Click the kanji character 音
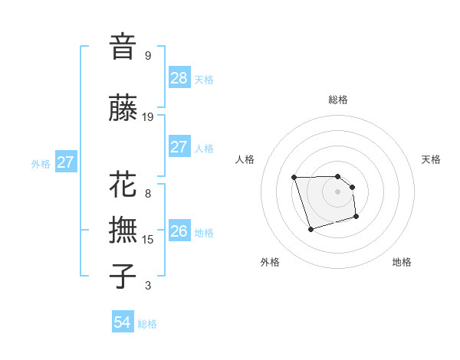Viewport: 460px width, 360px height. coord(123,46)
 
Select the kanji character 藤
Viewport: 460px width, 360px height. coord(123,108)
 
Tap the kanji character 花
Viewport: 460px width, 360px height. coord(123,185)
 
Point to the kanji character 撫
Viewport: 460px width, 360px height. coord(123,230)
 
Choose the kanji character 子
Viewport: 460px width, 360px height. coord(123,276)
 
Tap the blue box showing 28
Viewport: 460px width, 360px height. coord(179,78)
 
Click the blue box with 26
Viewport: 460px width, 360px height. coord(179,231)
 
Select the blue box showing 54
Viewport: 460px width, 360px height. coord(122,322)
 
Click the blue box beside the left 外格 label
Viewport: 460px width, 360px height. coord(65,162)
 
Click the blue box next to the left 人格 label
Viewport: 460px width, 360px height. coord(179,147)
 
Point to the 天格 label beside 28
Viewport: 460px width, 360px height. coord(204,80)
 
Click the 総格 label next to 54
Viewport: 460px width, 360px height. coord(147,324)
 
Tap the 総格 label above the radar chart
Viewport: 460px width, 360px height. coord(337,100)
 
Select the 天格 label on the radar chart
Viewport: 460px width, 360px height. coord(431,159)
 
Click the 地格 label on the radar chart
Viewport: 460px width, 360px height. coord(402,262)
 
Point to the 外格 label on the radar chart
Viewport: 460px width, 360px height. coord(270,262)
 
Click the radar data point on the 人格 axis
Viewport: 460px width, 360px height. coord(294,178)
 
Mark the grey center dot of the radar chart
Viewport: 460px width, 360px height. coord(337,191)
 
